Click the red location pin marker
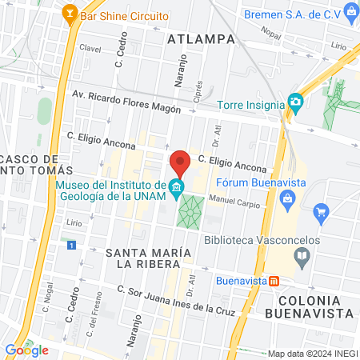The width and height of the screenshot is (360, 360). point(180,163)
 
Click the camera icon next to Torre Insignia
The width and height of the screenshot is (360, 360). point(296,102)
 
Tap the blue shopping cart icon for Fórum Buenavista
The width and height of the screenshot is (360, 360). point(322,212)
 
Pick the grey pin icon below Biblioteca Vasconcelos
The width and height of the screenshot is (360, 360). point(302,256)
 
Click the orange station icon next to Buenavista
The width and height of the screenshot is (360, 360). point(274,281)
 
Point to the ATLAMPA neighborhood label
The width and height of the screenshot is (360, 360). point(202,38)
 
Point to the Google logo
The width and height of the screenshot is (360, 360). point(26,350)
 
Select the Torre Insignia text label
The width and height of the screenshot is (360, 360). point(252,104)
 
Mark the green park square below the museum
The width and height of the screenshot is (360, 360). point(189,211)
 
